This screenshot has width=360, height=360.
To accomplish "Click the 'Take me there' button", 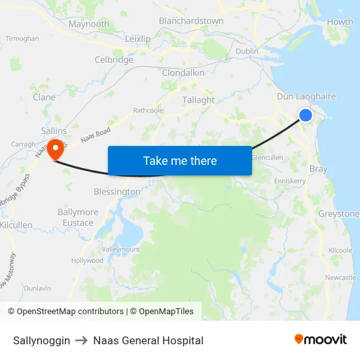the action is pos(180,161).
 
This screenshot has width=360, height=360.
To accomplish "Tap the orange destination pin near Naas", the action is pos(55,148).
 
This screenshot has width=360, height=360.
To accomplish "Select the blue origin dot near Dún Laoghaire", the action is pos(306,115).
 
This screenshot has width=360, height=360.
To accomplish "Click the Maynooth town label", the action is pos(89,24).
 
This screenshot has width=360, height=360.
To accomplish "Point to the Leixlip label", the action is pos(137,39).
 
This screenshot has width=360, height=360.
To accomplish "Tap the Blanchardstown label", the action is pos(191,21).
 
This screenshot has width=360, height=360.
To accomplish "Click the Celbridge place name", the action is pos(114,60).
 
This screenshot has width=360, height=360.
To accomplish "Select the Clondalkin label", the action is pos(183,73).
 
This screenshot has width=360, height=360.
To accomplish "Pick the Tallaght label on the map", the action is pos(198,100).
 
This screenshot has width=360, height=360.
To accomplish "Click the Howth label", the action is pos(340,22).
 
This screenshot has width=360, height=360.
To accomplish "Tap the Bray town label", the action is pos(318,169).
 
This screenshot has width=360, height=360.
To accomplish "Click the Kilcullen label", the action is pos(16,225).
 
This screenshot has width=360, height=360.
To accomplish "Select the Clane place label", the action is pos(44,97).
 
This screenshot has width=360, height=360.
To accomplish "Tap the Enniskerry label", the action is pos(290,180).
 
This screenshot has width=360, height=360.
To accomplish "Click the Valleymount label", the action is pos(120,249).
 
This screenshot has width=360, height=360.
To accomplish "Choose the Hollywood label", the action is pos(87,261).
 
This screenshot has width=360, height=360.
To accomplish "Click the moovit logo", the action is pos(321,339).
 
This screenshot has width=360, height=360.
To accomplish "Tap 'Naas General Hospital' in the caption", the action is pos(148,340).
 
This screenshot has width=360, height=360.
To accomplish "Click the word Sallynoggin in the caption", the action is pos(41,340).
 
